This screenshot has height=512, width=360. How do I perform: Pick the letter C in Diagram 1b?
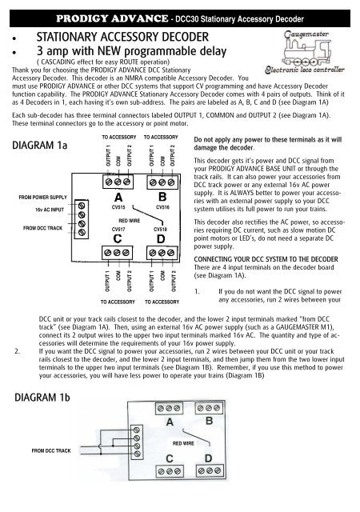(x=171, y=458)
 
